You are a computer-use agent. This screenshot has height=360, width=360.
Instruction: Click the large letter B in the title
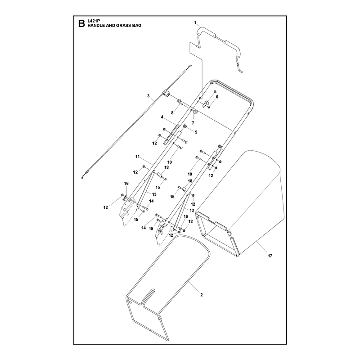pos(81,23)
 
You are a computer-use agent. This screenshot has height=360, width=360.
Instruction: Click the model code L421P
pos(92,21)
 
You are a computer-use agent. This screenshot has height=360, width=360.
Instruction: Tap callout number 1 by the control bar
pos(195,22)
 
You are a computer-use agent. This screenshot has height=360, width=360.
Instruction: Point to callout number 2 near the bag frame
pos(201,295)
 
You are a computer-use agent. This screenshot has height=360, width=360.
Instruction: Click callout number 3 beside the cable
pos(148,96)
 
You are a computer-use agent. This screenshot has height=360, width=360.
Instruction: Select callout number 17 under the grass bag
pos(270,256)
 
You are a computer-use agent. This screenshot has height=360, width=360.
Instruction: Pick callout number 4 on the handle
pos(162,117)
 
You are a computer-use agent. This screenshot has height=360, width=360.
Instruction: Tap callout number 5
pos(215,92)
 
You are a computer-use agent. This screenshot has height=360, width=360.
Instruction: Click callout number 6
pos(217,97)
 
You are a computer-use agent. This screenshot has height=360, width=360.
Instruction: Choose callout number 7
pos(193,123)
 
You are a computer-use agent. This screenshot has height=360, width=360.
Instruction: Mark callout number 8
pos(172,113)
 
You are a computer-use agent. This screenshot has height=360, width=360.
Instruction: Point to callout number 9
pos(196,132)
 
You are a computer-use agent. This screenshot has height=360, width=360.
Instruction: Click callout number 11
pos(137,157)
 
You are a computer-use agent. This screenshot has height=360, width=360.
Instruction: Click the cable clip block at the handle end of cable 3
pos(166,94)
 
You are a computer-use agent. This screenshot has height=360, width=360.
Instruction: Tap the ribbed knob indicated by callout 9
pos(185,126)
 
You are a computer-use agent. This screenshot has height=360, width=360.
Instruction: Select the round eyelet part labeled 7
pos(195,112)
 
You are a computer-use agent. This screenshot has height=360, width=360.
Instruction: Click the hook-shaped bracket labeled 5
pos(206,103)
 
